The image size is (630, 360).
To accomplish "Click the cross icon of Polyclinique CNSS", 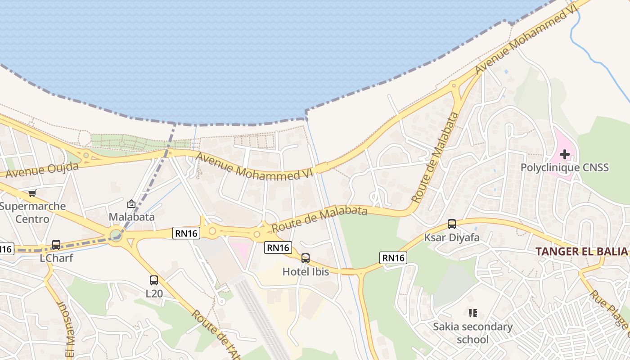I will [564, 154].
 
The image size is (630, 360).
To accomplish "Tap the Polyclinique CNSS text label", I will [564, 167].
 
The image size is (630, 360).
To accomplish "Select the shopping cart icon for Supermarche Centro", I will [32, 193].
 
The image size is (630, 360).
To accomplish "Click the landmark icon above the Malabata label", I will [131, 204].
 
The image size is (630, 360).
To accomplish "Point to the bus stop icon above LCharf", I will [56, 245].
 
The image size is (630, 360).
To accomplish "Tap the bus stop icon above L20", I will [154, 280].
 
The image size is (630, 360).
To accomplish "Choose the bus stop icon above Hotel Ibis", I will [306, 258].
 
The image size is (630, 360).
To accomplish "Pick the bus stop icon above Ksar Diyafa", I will [452, 224].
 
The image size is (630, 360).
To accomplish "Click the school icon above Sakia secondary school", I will [472, 313].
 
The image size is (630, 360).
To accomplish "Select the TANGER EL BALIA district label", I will [581, 252].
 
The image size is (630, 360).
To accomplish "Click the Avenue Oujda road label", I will [43, 170].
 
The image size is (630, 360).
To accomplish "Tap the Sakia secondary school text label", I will [472, 333].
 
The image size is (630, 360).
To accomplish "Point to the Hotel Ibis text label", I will [306, 272].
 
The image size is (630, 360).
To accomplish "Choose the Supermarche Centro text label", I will [33, 213].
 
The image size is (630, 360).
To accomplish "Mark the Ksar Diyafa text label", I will [452, 238].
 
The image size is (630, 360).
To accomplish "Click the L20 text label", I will [154, 294].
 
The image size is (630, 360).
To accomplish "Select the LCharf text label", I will [56, 258].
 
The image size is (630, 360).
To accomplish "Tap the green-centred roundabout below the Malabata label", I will [116, 234].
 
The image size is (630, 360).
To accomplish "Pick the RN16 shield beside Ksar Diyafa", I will [393, 258].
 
